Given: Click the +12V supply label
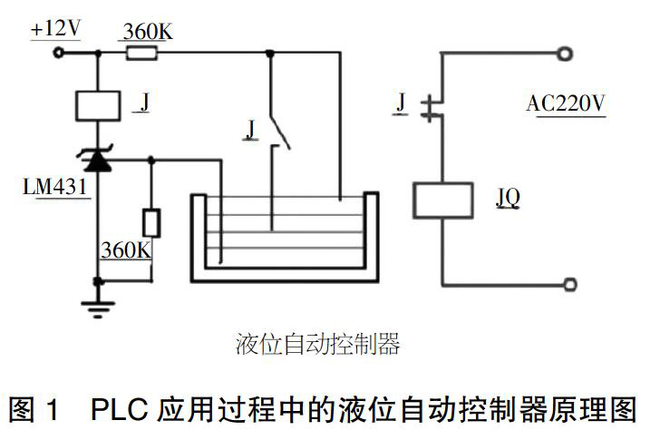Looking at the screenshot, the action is point(55,29).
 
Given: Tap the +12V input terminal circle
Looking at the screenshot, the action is point(59,53).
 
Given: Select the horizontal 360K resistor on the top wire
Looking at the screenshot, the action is point(141,54).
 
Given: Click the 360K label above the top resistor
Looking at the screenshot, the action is point(148,32).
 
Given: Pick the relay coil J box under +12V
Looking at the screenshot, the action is point(98,105).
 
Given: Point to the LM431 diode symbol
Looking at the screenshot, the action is point(98,159).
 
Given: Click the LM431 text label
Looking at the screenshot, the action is point(54,187).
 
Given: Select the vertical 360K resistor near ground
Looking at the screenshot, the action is point(151,223).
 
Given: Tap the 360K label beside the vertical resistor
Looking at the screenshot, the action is point(126,250).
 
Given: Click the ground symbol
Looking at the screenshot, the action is point(98,308).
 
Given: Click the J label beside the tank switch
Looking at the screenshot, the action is point(251,130).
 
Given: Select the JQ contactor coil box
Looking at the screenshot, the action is point(442,200).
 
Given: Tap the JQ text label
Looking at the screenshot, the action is point(508,198).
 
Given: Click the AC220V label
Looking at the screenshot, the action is point(566,103).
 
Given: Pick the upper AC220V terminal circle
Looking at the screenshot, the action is point(565,54).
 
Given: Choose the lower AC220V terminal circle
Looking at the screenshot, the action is point(570,285).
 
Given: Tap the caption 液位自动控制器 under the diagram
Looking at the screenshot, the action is point(317,345).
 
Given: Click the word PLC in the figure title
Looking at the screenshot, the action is point(119,409).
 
